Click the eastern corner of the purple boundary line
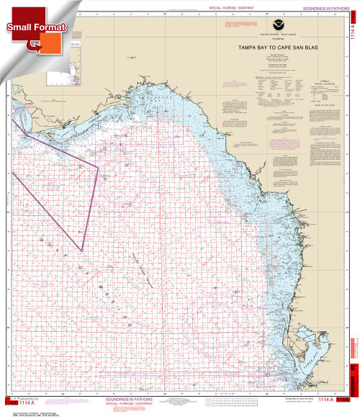point(98,167)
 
